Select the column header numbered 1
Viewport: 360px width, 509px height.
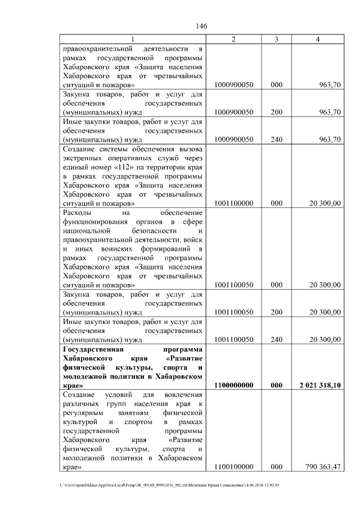pos(133,39)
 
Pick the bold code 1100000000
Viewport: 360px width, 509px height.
pos(234,385)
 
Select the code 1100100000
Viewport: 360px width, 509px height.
pos(234,467)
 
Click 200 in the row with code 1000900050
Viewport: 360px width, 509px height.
pos(276,112)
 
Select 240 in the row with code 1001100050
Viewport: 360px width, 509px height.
pos(276,339)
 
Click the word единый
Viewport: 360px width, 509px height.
pos(76,169)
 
